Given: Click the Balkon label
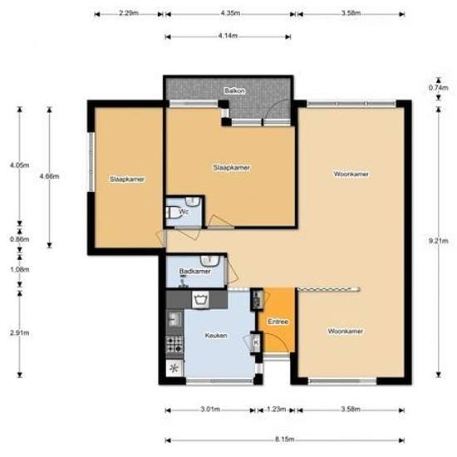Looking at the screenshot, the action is click(234, 91).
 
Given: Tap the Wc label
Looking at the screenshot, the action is click(184, 212).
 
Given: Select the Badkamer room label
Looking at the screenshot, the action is click(194, 272).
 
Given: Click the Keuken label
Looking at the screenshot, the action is click(216, 336).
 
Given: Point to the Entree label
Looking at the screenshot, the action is click(278, 322).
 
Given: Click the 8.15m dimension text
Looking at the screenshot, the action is click(284, 439).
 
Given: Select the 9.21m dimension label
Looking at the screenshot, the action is click(439, 241).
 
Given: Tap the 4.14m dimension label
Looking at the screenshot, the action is click(228, 36).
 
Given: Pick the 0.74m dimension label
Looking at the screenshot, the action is click(439, 87).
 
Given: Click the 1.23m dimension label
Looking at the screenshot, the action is click(276, 409).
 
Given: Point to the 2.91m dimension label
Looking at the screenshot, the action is click(20, 333).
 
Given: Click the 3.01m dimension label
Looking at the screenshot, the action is click(210, 409).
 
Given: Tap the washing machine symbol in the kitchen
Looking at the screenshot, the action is click(200, 300).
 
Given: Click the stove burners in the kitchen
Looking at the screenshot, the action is click(174, 344).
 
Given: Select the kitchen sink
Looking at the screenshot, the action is click(174, 318).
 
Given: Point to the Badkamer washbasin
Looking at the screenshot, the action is click(209, 261).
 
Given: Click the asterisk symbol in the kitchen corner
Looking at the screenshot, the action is click(174, 369).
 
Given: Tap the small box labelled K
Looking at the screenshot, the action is click(256, 342).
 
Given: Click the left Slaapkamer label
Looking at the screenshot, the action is click(127, 179).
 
